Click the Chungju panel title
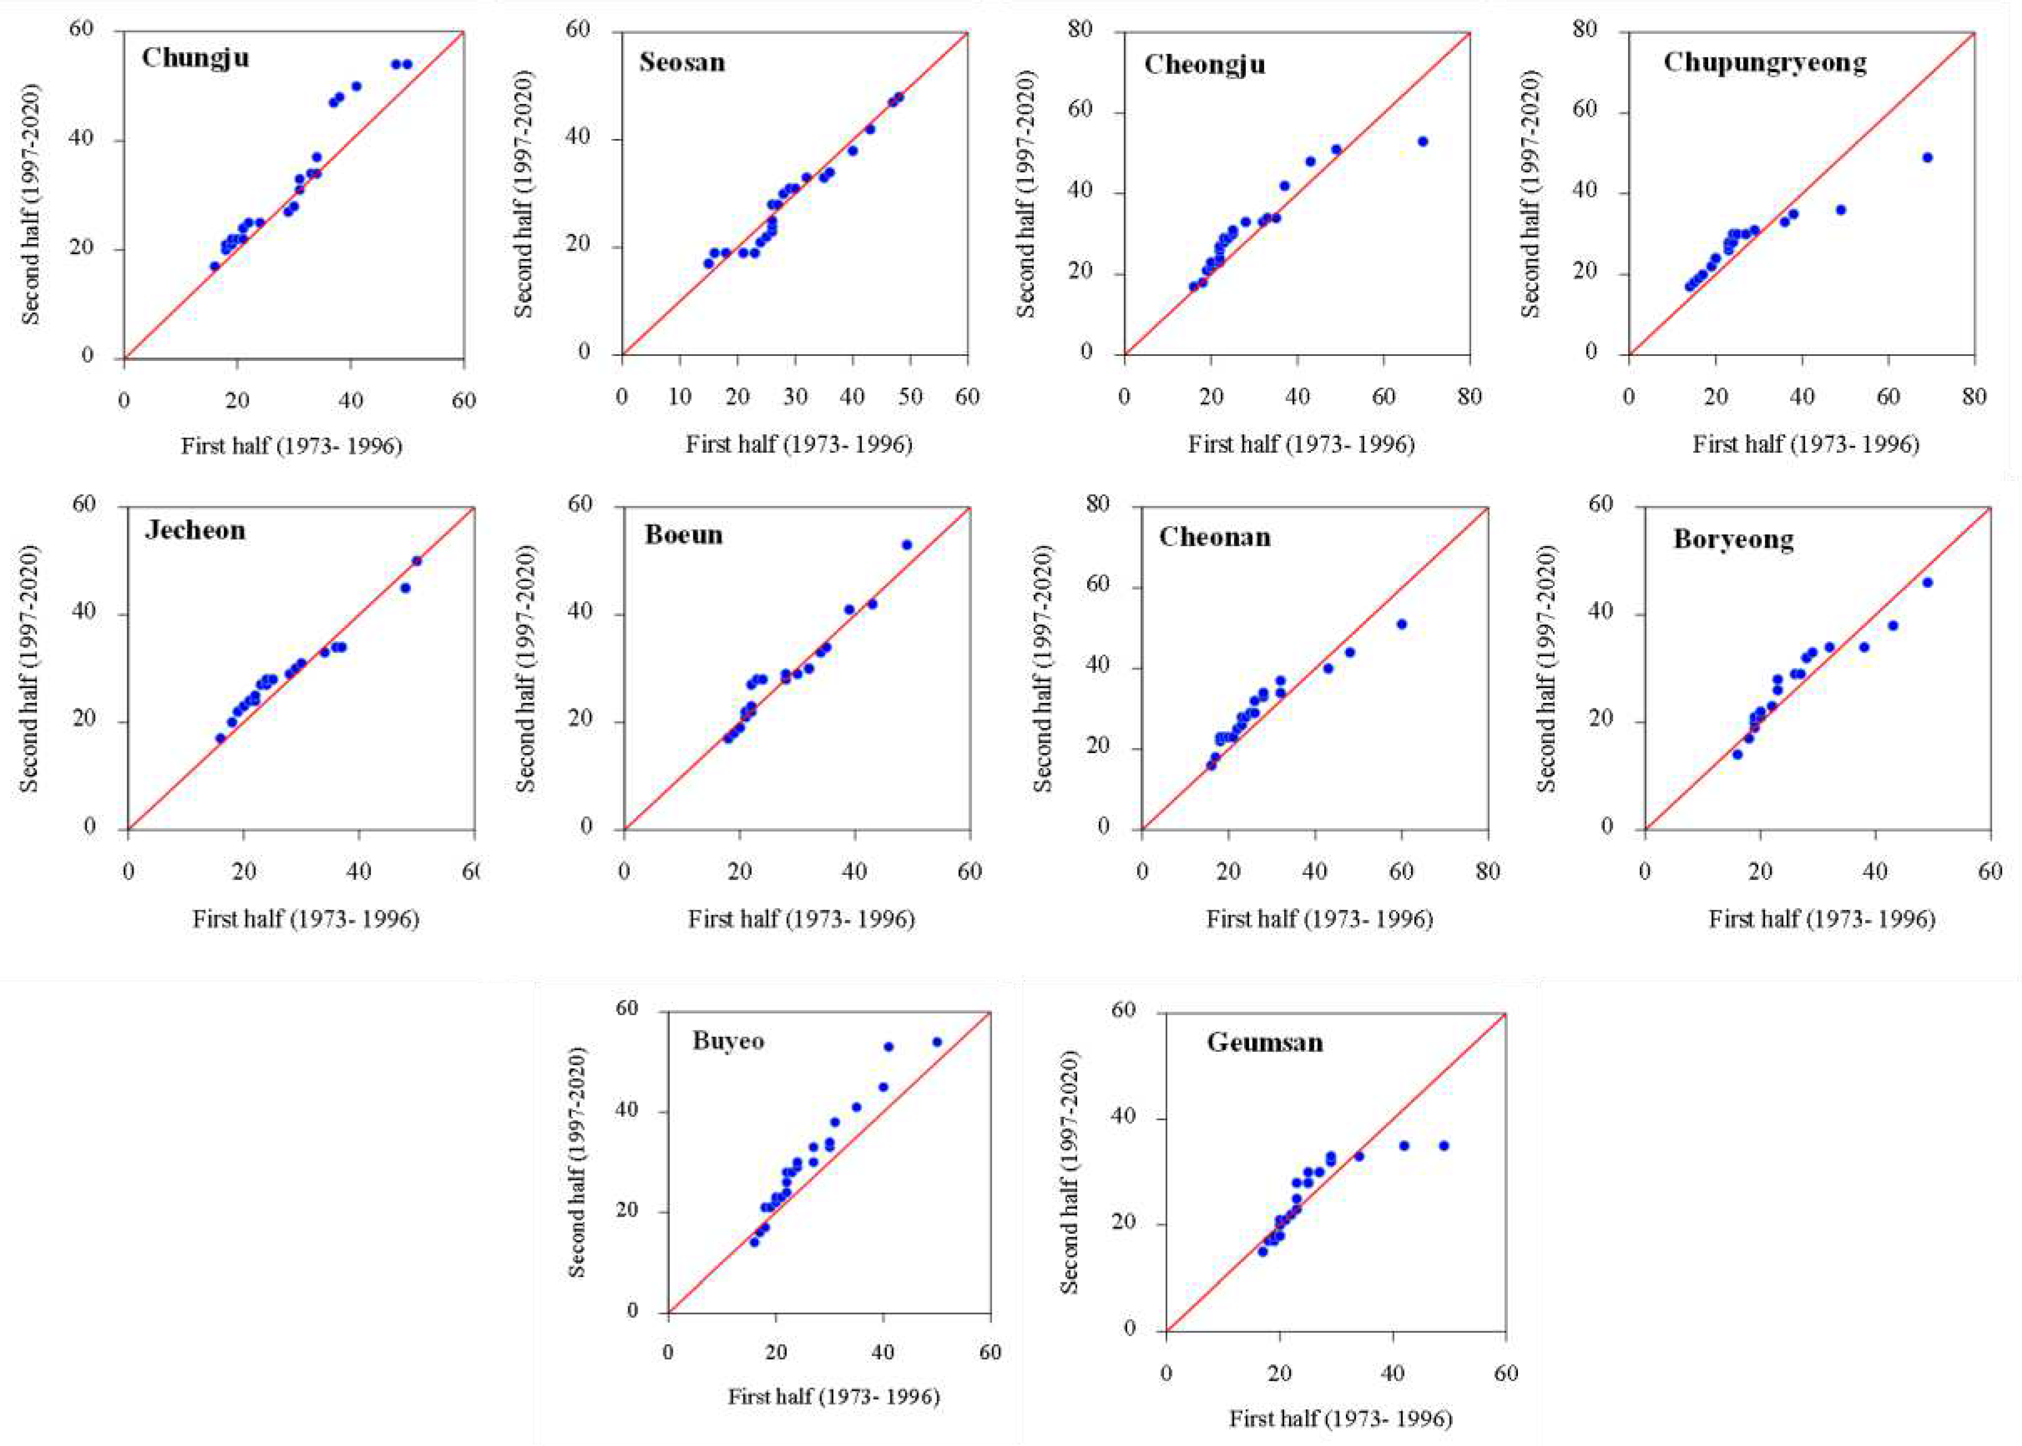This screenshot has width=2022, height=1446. (195, 59)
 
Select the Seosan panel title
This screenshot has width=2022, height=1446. (682, 62)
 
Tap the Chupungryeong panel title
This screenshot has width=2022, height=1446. (1764, 62)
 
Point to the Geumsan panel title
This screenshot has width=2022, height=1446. (1264, 1043)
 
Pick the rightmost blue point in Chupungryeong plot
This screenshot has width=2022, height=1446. (1927, 157)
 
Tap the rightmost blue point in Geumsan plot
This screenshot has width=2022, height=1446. (1444, 1146)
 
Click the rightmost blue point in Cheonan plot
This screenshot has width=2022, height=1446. (1401, 624)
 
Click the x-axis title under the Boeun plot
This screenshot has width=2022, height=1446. (801, 919)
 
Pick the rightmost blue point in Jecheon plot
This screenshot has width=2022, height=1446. (416, 561)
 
